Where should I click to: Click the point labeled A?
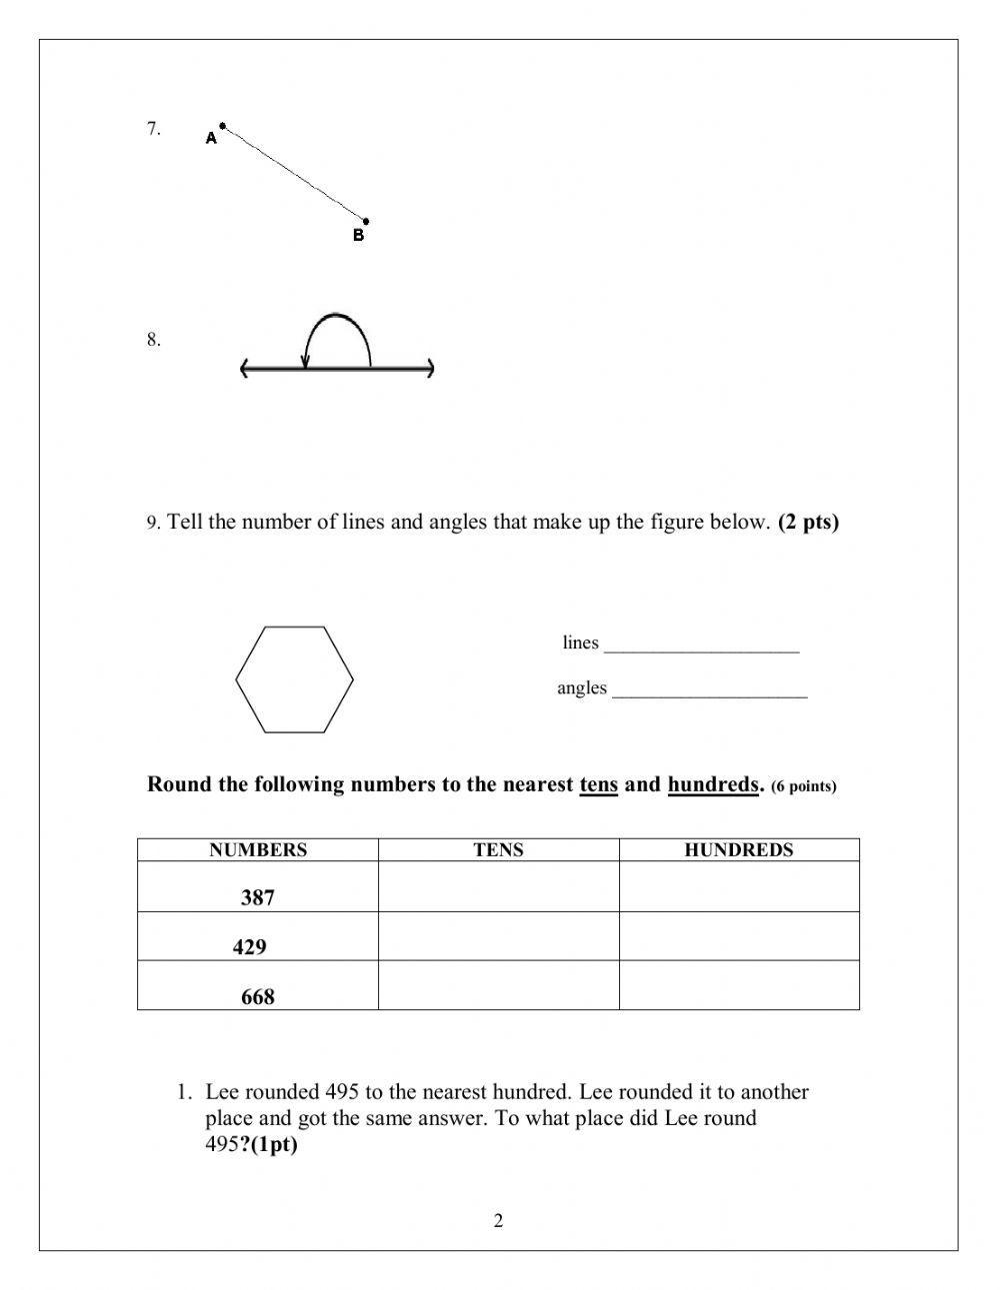[x=222, y=127]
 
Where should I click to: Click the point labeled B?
[x=366, y=221]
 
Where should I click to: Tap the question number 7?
[x=153, y=128]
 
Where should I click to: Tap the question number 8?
[x=153, y=340]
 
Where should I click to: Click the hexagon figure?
[x=294, y=679]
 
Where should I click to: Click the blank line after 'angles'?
[x=709, y=689]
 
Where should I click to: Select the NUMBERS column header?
[x=258, y=850]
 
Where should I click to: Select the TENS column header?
[x=498, y=850]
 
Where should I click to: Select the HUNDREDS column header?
[x=738, y=850]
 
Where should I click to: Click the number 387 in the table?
[x=257, y=897]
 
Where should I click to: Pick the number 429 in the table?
[x=249, y=946]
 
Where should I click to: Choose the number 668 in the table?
[x=257, y=996]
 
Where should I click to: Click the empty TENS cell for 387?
[x=498, y=887]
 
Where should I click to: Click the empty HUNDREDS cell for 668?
[x=738, y=985]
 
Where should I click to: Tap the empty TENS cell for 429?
[x=498, y=936]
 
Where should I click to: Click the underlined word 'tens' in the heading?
[x=598, y=784]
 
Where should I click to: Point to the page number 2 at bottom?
[x=498, y=1220]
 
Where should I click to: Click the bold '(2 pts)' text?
[x=808, y=522]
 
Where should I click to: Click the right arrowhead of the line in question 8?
[x=430, y=370]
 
